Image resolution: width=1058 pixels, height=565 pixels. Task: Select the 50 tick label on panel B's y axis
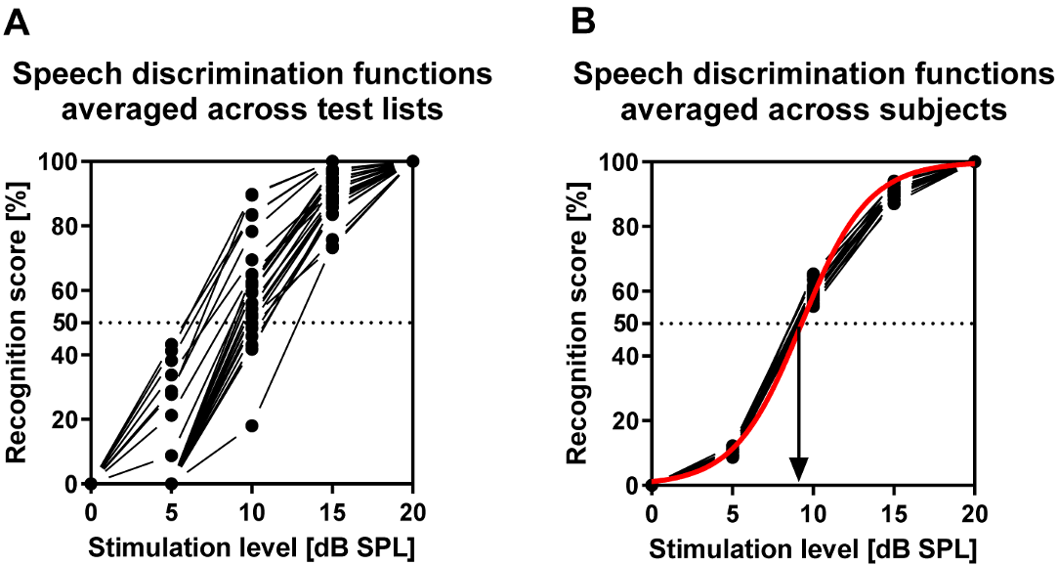626,323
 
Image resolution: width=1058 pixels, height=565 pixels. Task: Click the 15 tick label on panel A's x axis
332,511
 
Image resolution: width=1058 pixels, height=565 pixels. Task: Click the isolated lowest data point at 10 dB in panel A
252,425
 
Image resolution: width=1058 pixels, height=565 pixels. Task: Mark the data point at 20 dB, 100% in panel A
413,160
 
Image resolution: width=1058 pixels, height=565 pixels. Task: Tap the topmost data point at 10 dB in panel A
252,195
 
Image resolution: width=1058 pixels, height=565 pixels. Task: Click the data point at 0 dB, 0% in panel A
91,483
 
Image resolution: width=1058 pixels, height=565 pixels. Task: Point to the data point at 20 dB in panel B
974,161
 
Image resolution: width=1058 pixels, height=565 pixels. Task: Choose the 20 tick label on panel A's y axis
65,419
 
